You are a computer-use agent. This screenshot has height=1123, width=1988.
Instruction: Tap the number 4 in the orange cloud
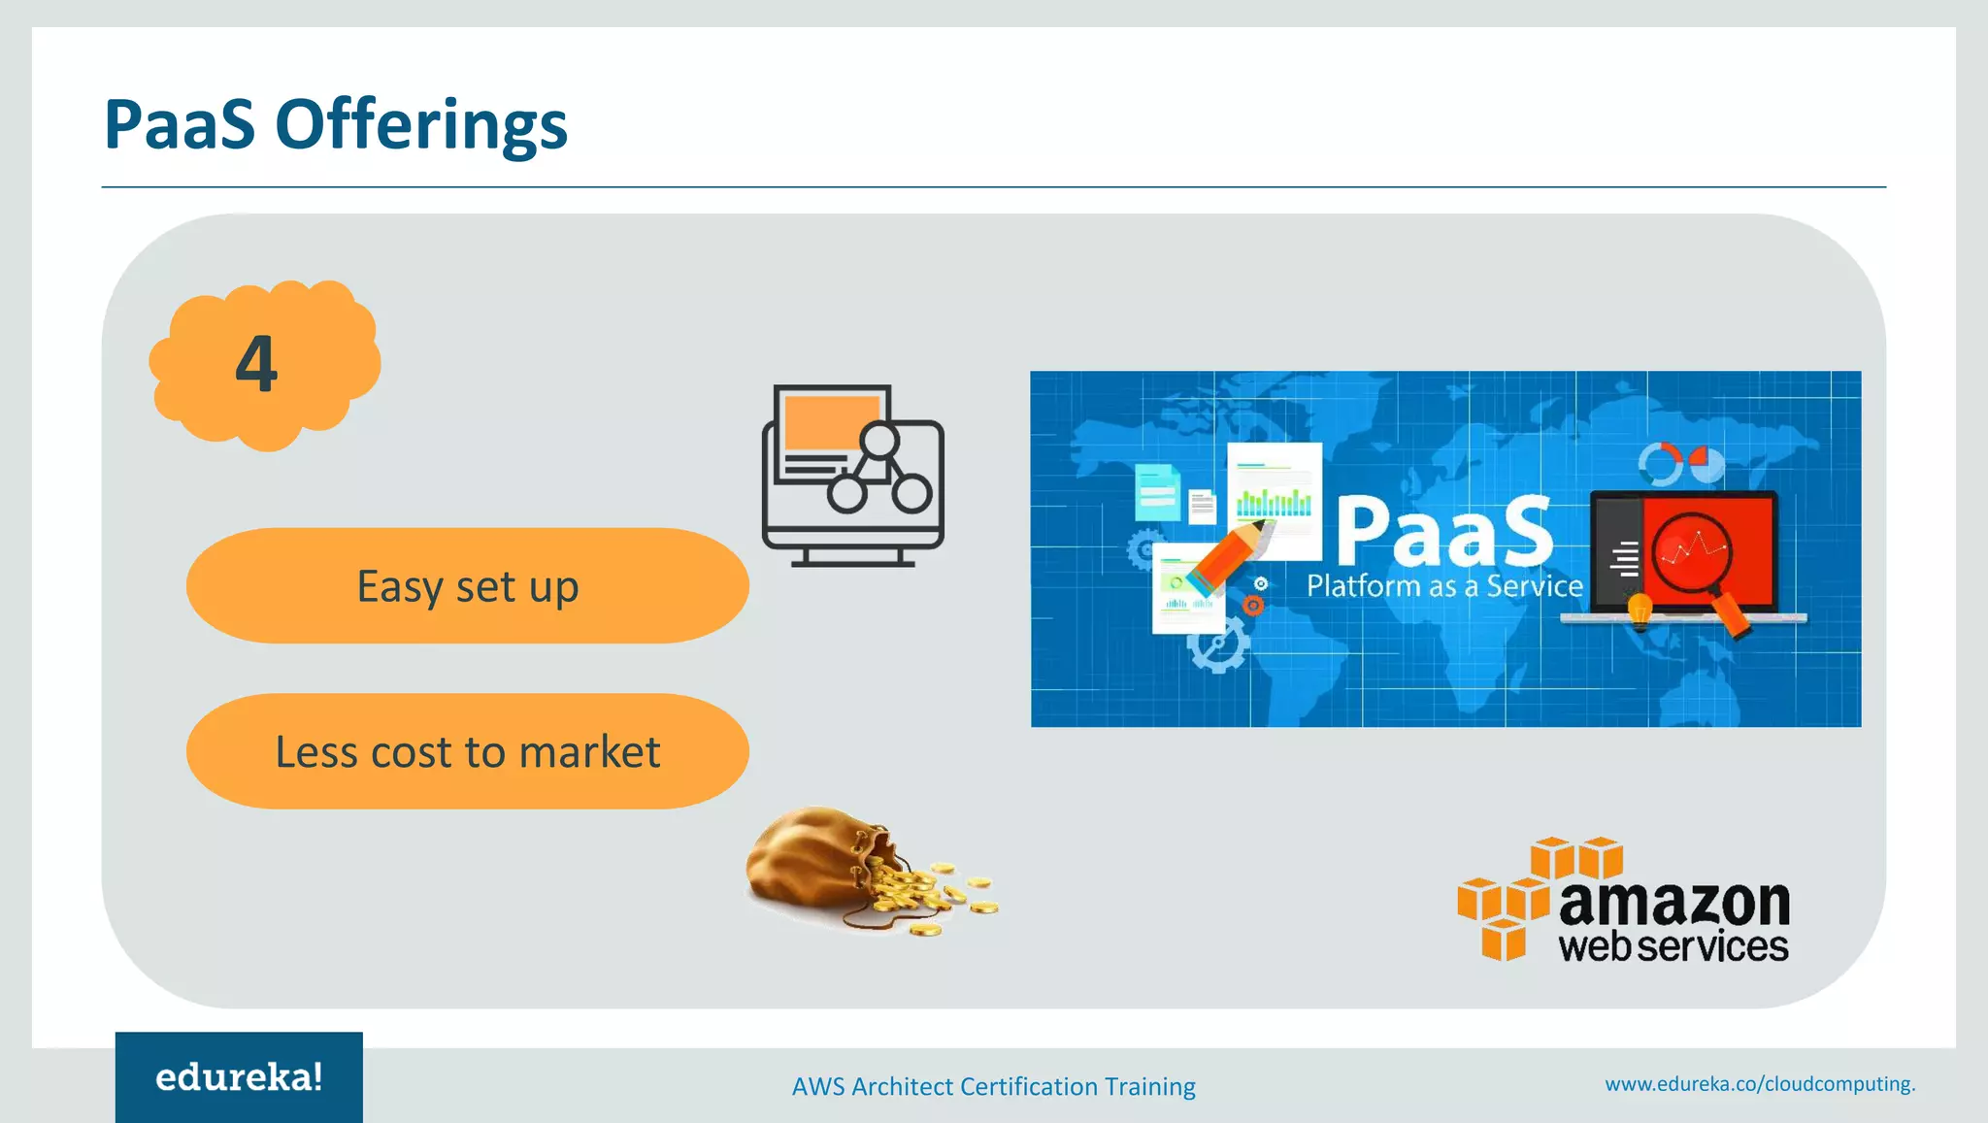(256, 365)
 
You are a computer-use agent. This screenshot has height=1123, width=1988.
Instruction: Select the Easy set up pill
(467, 586)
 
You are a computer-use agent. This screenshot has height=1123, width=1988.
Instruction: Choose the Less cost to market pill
(467, 751)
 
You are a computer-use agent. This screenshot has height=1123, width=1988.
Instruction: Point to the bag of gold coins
(854, 869)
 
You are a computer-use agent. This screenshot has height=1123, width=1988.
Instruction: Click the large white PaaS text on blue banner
(1444, 531)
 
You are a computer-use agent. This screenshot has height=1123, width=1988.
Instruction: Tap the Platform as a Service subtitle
(1444, 586)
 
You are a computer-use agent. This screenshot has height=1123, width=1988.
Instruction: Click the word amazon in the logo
(1673, 903)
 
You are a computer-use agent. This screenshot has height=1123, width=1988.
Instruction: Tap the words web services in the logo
(1673, 946)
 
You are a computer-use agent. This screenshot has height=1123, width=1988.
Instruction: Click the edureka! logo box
(239, 1077)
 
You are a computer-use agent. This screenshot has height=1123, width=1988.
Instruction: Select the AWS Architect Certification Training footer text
(993, 1086)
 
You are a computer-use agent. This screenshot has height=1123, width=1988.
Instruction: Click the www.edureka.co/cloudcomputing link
(1759, 1084)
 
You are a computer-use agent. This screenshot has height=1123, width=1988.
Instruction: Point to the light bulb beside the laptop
(1640, 611)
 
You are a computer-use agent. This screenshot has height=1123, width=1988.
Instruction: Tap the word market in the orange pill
(589, 751)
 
